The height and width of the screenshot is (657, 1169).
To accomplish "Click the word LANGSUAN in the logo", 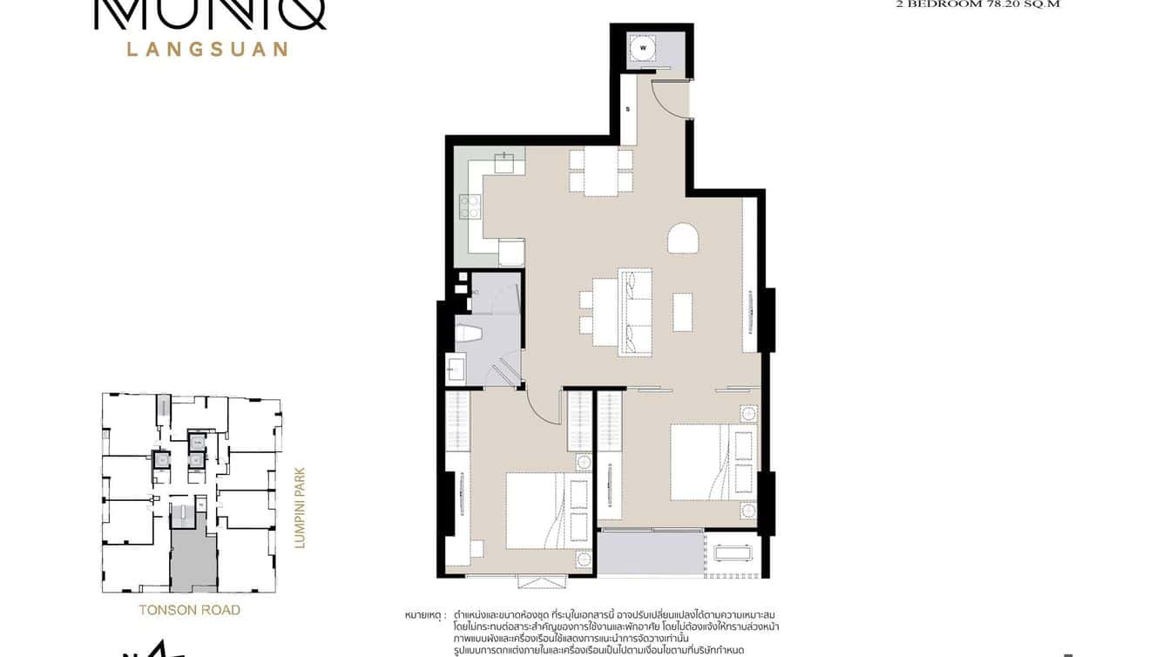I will click(x=207, y=49).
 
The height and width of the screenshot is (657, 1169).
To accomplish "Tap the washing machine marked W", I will click(x=644, y=49).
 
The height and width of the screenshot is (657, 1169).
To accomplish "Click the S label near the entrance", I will click(x=627, y=110).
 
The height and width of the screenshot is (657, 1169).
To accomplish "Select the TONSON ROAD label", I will click(x=189, y=610).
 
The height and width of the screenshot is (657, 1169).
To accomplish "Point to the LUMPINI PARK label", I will click(x=300, y=508).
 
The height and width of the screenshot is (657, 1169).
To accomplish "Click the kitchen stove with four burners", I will click(x=470, y=207).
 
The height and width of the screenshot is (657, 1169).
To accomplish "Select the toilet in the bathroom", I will click(x=469, y=335).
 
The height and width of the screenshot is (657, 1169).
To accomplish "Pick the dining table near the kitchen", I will click(x=601, y=171).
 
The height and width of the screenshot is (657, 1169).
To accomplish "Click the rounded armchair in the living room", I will click(x=684, y=239).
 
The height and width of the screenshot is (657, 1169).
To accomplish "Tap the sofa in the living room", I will click(x=636, y=311).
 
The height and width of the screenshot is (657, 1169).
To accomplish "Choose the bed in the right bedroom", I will click(x=702, y=462).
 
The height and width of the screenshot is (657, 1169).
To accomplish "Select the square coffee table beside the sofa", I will click(x=682, y=311).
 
